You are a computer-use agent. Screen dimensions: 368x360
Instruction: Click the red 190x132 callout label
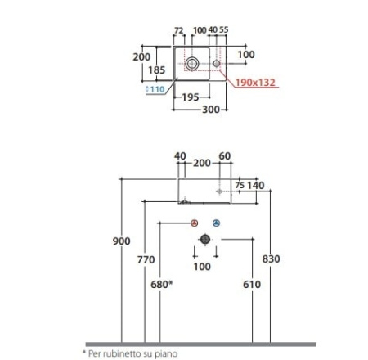(255, 82)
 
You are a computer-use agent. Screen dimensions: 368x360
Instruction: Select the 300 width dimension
(211, 110)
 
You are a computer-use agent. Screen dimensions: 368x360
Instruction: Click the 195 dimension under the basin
(191, 97)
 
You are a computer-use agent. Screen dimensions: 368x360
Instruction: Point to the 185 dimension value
(157, 70)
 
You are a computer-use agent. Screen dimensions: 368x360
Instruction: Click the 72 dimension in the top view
(178, 30)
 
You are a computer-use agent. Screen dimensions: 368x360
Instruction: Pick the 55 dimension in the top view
(223, 29)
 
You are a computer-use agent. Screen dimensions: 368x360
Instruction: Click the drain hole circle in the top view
(192, 64)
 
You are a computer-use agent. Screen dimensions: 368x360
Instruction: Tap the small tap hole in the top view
(217, 64)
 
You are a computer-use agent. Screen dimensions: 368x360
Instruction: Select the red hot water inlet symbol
(194, 223)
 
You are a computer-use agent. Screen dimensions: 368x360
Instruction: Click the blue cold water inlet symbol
(216, 223)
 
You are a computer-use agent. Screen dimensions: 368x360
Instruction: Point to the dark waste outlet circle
(205, 239)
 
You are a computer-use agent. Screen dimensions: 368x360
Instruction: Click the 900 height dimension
(122, 241)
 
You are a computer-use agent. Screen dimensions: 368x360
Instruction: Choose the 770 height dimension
(146, 259)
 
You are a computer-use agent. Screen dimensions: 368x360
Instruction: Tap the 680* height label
(162, 285)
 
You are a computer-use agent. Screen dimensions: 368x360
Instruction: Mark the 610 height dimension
(252, 285)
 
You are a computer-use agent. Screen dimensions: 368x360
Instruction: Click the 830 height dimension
(271, 259)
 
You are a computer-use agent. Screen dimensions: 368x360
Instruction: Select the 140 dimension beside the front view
(255, 186)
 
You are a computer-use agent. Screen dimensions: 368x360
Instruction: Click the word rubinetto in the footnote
(119, 354)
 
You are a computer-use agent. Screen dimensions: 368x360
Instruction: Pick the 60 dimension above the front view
(225, 156)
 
